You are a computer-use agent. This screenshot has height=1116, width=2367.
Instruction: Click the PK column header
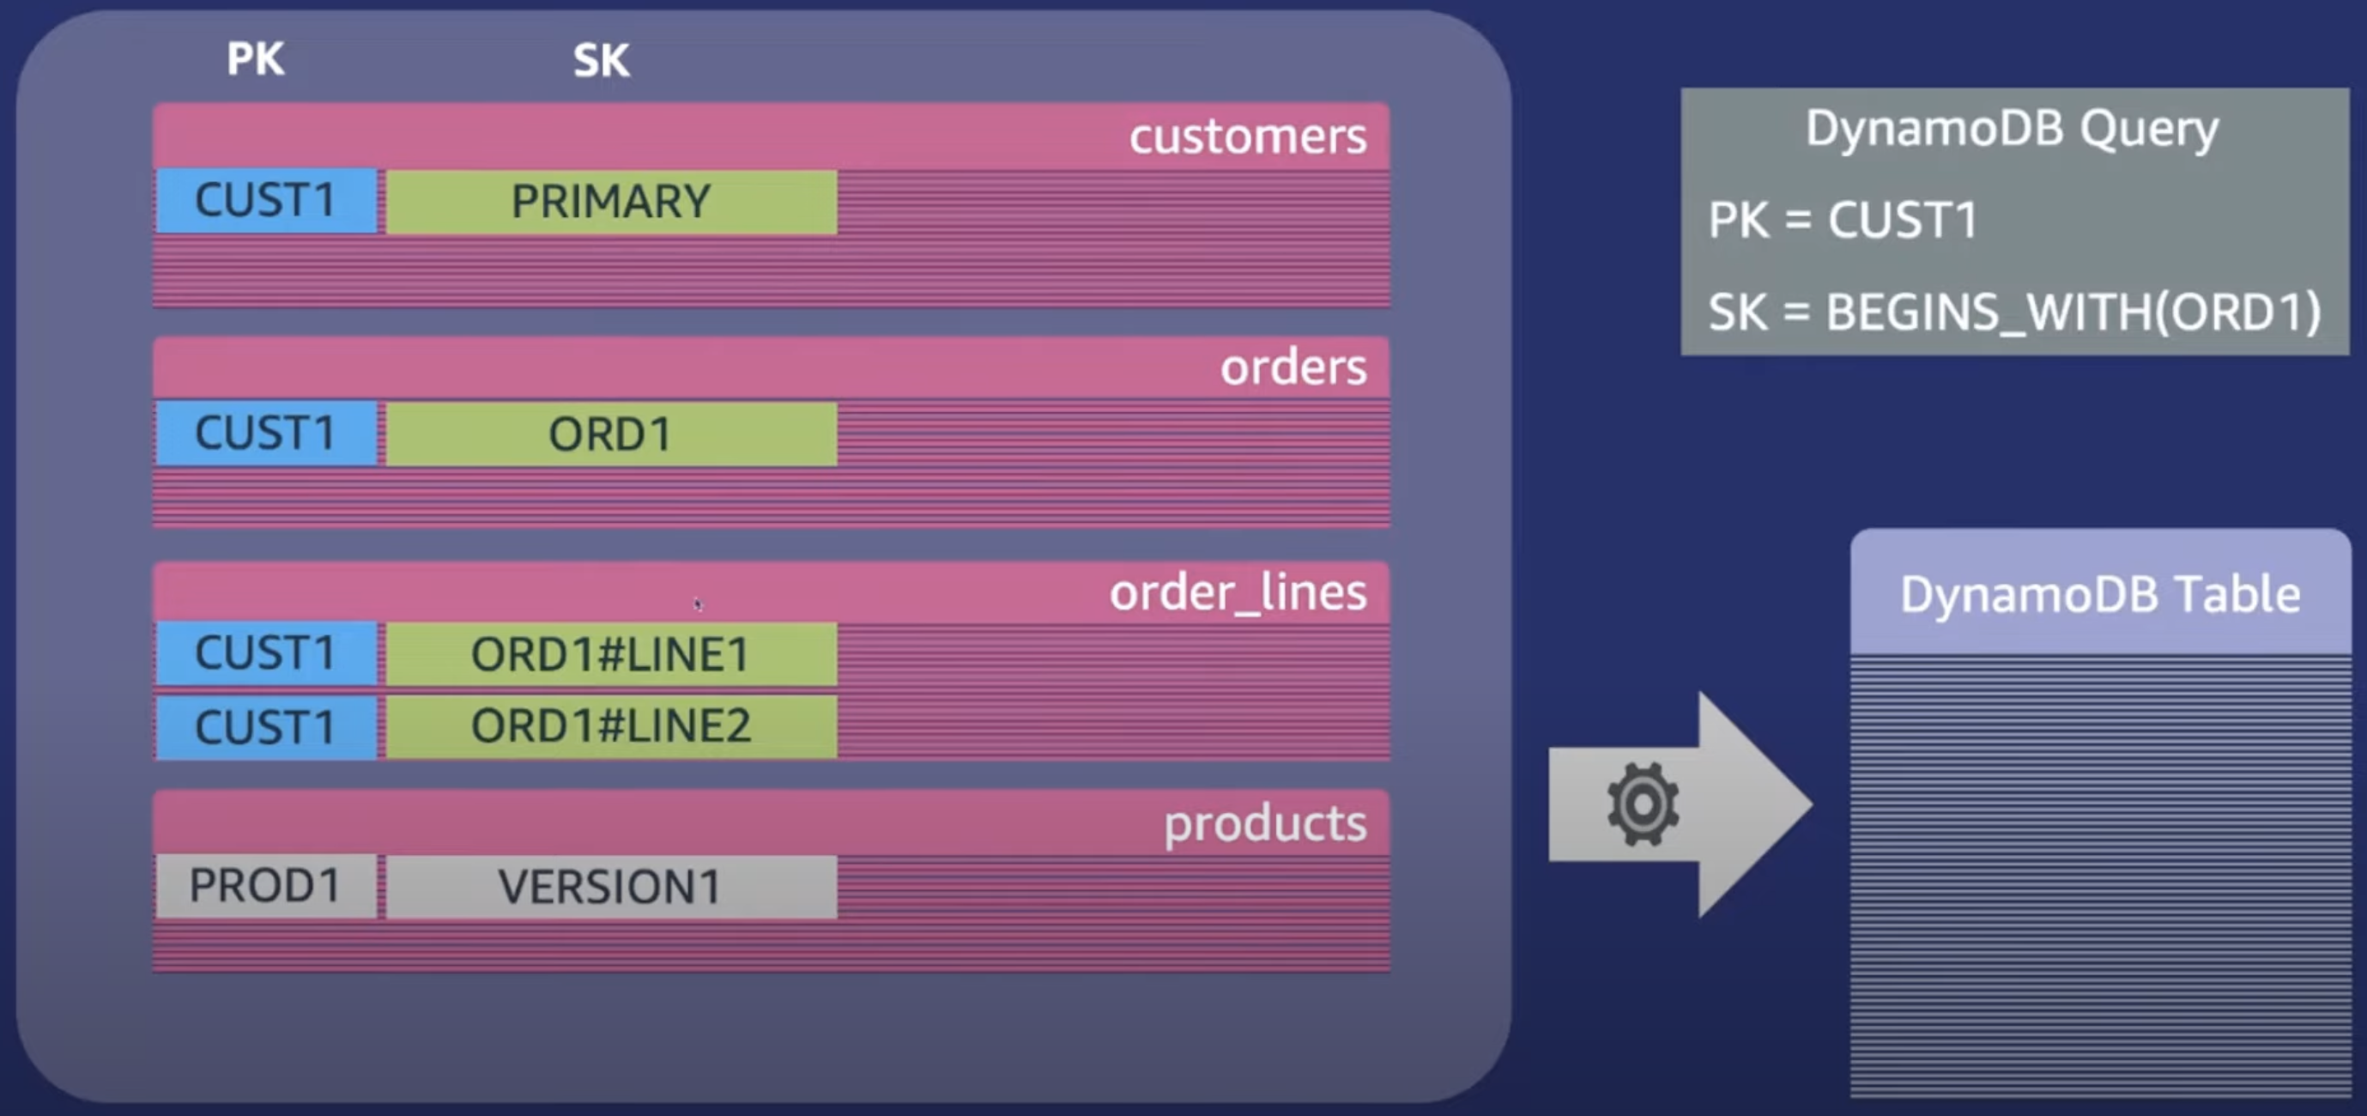point(256,59)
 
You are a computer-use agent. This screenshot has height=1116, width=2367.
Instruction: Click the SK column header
point(602,61)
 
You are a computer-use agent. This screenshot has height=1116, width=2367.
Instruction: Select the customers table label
point(1248,137)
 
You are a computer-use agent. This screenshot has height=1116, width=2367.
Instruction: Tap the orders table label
point(1293,367)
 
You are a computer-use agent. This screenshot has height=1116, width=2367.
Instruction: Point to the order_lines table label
point(1238,593)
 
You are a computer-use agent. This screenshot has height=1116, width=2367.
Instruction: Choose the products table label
point(1265,823)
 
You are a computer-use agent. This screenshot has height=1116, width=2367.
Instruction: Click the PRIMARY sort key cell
point(611,202)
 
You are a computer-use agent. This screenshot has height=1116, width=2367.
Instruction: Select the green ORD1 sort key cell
point(611,434)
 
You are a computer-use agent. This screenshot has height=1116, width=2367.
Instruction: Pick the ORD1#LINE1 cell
point(611,654)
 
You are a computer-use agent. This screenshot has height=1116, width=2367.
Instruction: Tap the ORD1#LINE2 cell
point(611,726)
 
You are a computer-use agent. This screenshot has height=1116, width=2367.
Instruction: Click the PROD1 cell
point(265,886)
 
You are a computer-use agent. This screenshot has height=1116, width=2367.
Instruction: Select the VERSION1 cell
point(611,887)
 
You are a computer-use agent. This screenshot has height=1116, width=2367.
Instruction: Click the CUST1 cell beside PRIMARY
point(265,200)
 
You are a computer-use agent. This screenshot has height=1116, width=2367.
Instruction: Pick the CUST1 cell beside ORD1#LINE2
point(265,727)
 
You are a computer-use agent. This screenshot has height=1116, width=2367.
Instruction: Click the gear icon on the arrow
point(1641,804)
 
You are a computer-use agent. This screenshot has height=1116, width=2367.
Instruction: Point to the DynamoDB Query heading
point(2013,129)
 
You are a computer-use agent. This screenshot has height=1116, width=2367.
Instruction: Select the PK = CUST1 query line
point(1843,221)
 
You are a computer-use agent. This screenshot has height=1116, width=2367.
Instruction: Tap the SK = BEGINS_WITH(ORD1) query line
point(2014,312)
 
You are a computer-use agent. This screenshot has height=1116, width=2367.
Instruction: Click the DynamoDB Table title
point(2101,595)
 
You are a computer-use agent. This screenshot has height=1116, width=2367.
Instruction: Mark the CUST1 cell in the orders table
point(265,433)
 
